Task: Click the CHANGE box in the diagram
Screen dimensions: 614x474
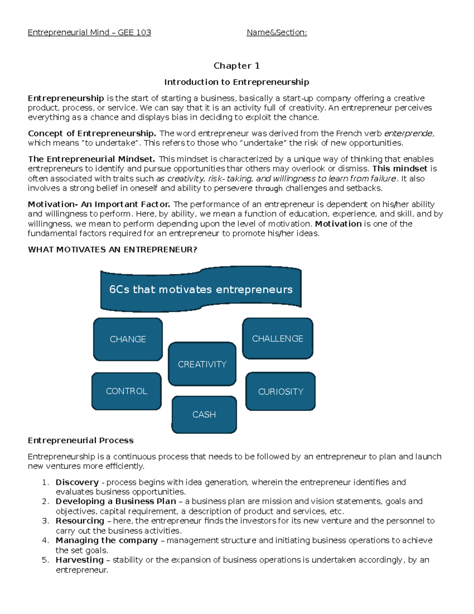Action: pyautogui.click(x=128, y=339)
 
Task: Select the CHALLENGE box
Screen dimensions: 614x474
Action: pyautogui.click(x=277, y=338)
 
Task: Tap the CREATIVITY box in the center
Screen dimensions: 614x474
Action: pyautogui.click(x=202, y=364)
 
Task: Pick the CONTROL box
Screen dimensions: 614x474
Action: pyautogui.click(x=126, y=391)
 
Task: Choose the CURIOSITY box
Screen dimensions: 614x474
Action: pyautogui.click(x=280, y=391)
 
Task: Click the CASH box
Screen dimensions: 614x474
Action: pyautogui.click(x=204, y=414)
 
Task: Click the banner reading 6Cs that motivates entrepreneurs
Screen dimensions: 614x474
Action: pyautogui.click(x=201, y=289)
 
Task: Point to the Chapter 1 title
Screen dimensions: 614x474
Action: pyautogui.click(x=236, y=66)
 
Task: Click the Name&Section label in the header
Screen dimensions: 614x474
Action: pyautogui.click(x=276, y=32)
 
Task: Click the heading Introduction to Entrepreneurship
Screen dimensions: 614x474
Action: pyautogui.click(x=236, y=82)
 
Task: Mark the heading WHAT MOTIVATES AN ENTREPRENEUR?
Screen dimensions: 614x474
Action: pyautogui.click(x=112, y=249)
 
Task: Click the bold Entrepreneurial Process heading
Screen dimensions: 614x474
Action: pyautogui.click(x=81, y=440)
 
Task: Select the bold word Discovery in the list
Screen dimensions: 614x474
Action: pyautogui.click(x=77, y=482)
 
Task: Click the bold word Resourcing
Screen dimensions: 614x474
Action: pyautogui.click(x=80, y=521)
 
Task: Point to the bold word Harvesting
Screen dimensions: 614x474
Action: pyautogui.click(x=79, y=560)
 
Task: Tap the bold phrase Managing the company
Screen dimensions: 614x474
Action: pyautogui.click(x=107, y=540)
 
